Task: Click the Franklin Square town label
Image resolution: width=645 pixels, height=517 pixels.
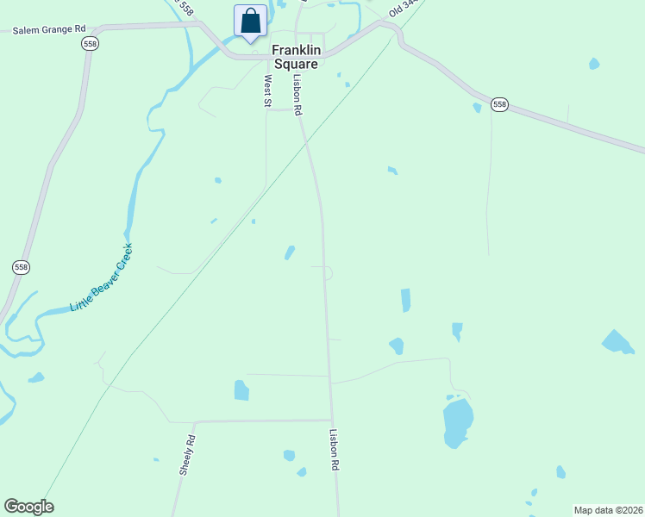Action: coord(296,57)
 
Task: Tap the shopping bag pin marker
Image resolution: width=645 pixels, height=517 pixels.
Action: coord(250,21)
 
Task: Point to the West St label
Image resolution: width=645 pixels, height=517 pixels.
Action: coord(267,90)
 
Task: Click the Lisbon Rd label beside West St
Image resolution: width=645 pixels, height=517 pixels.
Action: coord(297,96)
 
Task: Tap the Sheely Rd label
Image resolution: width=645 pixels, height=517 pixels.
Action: coord(187,456)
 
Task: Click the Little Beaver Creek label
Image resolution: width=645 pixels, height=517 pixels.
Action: coord(102,277)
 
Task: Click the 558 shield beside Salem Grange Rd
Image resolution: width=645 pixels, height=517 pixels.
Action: coord(89,43)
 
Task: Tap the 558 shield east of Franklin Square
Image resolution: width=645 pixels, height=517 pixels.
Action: coord(500,105)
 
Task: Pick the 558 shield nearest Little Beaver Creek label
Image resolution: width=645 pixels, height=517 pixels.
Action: coord(22,268)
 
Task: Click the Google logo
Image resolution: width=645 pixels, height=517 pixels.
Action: coord(28,507)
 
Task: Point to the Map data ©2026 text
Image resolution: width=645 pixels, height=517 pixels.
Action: coord(608,510)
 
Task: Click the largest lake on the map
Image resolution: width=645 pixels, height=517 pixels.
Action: coord(458,422)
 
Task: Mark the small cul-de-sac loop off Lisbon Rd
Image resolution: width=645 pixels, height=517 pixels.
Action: coord(329,273)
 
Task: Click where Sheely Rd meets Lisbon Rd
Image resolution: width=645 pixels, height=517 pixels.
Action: coord(332,420)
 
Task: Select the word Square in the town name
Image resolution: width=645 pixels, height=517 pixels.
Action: coord(296,64)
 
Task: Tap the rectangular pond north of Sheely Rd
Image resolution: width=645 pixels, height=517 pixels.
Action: coord(241,390)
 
